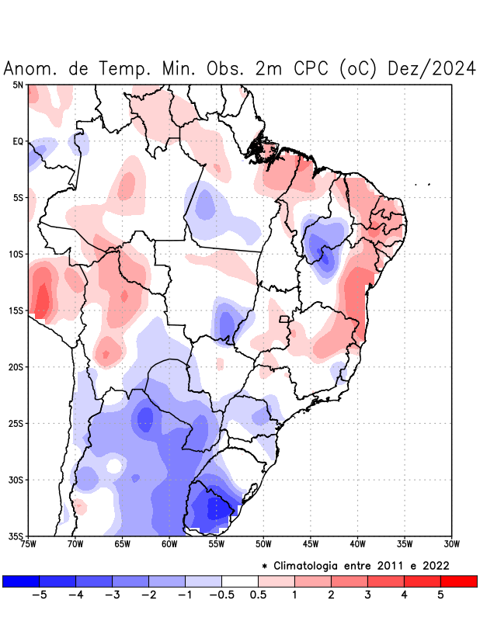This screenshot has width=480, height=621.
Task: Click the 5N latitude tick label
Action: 18,85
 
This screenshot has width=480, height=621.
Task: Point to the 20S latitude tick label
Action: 16,367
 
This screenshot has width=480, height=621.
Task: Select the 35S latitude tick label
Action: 16,536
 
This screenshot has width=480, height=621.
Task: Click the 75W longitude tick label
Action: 28,543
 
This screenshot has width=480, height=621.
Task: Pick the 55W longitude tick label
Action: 217,543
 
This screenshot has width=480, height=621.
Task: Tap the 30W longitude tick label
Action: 452,543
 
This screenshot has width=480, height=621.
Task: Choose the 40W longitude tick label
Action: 358,543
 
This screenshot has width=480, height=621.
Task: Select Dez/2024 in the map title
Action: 432,68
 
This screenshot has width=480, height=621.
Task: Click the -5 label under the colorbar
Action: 38,595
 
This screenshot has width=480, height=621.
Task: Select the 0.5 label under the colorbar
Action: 258,595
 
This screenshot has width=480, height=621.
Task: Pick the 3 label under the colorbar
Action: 367,595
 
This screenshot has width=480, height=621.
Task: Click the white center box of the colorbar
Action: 240,581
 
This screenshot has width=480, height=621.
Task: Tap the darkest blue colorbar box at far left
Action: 21,581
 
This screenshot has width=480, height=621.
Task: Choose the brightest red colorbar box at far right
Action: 458,581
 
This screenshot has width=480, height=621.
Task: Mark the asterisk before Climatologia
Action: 265,566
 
